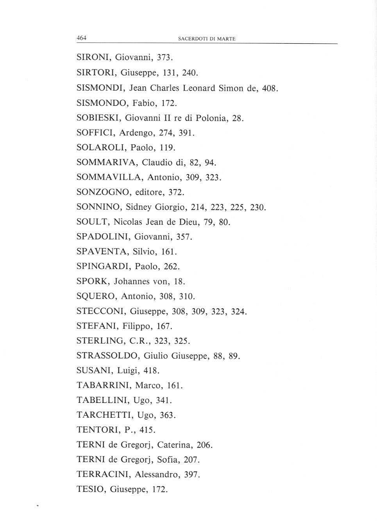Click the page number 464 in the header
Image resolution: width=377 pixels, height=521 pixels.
coord(81,38)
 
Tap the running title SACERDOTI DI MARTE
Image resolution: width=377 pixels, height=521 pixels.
coord(207,39)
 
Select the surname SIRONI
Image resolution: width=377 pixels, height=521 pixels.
coord(92,58)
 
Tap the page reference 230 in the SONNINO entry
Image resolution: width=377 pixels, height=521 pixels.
coord(257,207)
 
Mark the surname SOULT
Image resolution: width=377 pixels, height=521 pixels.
coord(93,222)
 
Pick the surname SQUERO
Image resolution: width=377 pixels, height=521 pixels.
coord(96,296)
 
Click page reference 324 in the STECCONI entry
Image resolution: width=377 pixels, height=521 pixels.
coord(239,312)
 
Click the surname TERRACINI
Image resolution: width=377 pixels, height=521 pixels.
coord(103,475)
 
